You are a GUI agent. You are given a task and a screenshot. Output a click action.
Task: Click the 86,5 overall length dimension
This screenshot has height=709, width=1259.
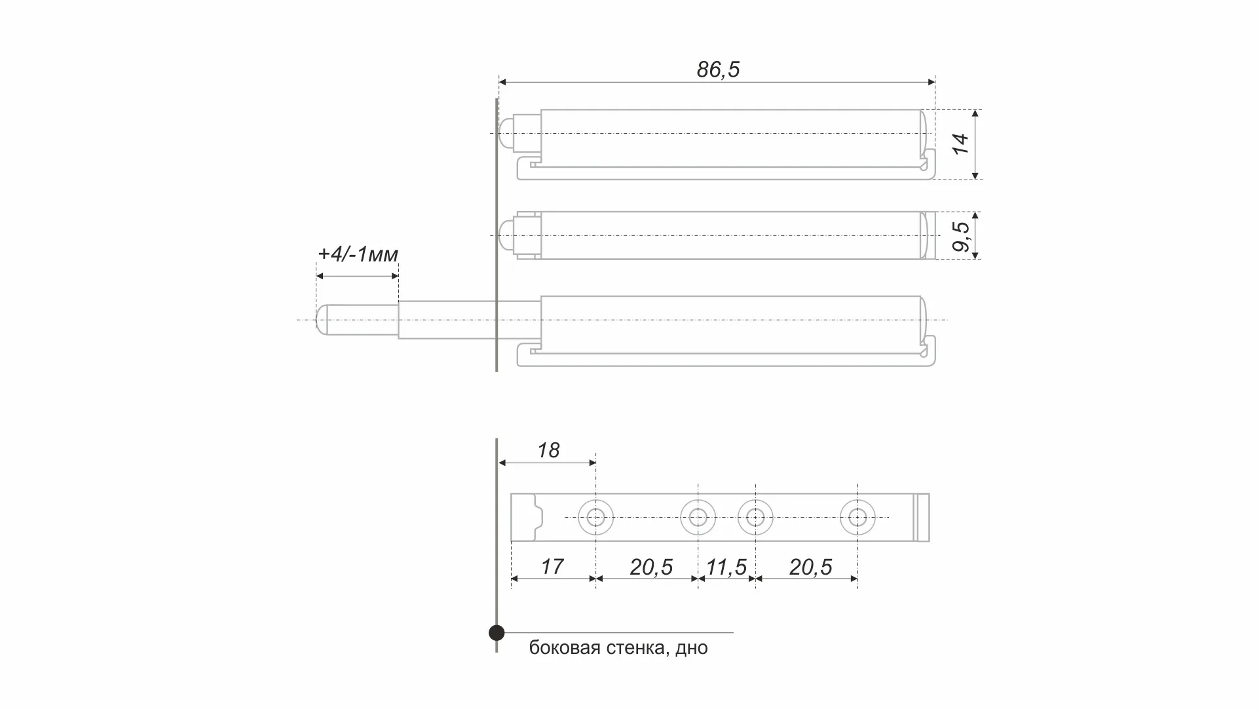point(718,69)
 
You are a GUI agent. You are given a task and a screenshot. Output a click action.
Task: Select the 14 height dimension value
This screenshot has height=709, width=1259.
point(960,144)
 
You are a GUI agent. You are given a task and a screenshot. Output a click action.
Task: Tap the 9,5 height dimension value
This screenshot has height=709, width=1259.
point(961,237)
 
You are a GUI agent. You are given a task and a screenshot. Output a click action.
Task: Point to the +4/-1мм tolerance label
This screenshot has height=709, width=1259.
point(358,254)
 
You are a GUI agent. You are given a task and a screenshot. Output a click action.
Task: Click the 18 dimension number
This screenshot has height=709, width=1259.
point(548,450)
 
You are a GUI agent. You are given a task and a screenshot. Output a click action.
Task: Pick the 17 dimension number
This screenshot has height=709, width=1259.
point(552,567)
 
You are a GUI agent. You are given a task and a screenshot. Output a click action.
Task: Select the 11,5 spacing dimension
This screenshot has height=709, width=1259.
point(726,567)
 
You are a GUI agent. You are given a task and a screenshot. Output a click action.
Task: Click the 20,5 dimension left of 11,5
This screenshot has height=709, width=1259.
point(651,567)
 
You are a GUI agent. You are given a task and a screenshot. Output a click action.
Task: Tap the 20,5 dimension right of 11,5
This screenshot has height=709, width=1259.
point(810,567)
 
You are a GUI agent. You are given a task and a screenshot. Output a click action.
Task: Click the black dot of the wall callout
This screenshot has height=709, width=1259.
point(497,633)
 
